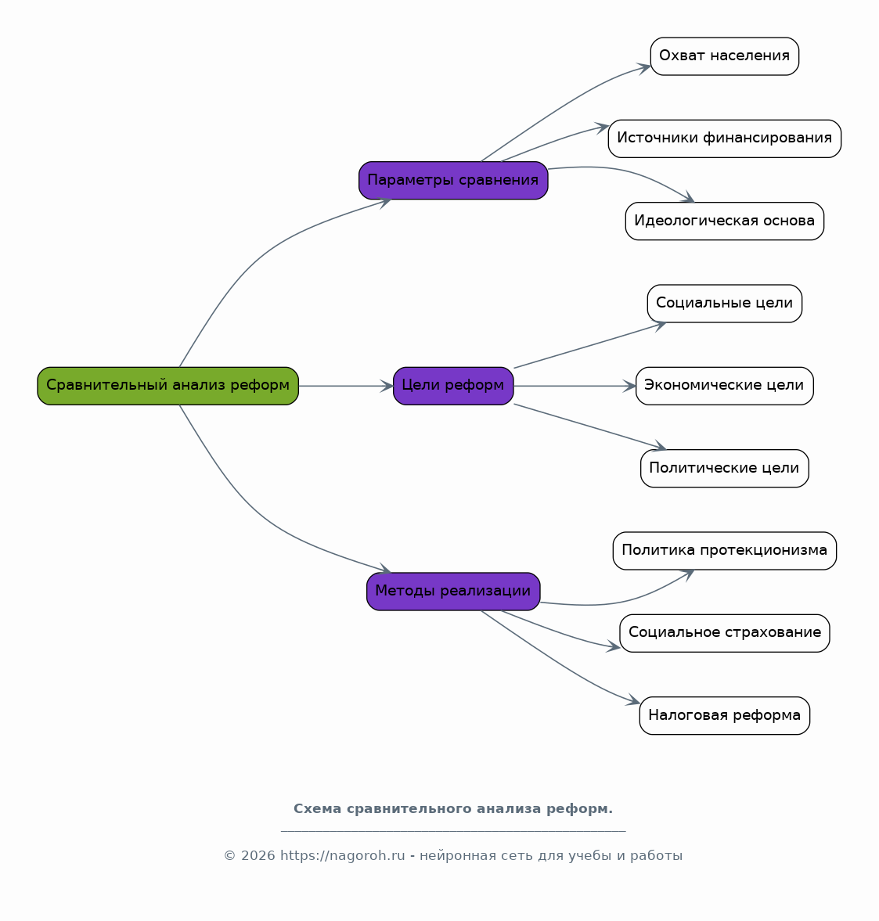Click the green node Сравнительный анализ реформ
pos(168,386)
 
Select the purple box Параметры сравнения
pos(453,180)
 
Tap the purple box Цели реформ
pos(453,386)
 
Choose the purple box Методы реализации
pos(453,592)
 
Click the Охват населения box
pos(725,56)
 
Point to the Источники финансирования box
pos(725,139)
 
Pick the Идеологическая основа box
pos(725,221)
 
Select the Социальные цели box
pos(725,304)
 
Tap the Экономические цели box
pos(725,386)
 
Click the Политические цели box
pos(725,468)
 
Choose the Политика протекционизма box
pos(725,551)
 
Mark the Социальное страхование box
pos(725,633)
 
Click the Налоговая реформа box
pos(725,715)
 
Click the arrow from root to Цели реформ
pos(346,386)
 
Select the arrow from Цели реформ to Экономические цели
pos(575,386)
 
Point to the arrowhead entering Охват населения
pos(644,68)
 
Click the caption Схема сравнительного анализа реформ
pos(453,809)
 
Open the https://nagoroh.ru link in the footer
pos(343,856)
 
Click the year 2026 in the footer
pos(258,856)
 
